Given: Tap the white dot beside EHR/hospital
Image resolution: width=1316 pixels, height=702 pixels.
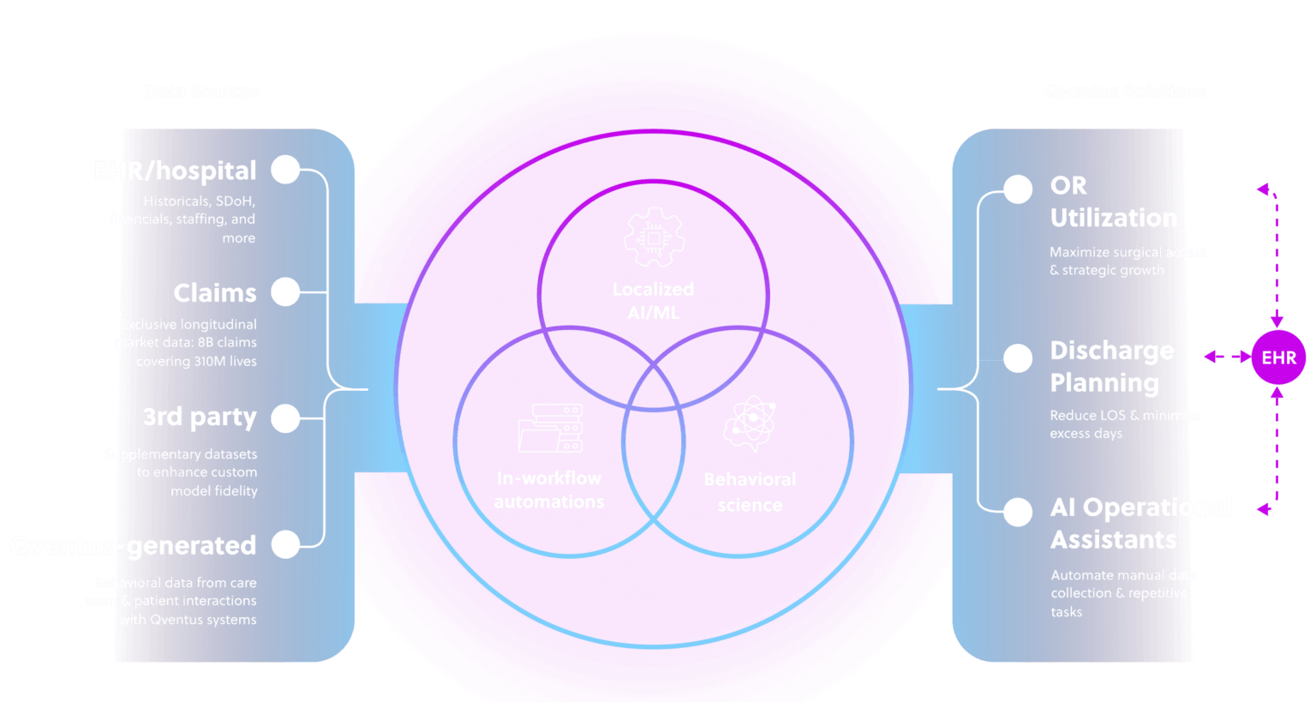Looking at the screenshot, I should coord(285,170).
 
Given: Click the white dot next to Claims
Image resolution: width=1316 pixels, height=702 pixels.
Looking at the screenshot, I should coord(285,291).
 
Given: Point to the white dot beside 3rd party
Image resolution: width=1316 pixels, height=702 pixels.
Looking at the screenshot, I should coord(285,418).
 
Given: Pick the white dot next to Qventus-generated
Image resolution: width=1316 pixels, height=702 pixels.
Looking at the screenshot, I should coord(285,544).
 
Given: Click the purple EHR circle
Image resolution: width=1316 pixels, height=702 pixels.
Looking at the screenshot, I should coord(1278,357).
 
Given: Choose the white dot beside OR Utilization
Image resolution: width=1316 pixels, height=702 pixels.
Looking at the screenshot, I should coord(1018,189).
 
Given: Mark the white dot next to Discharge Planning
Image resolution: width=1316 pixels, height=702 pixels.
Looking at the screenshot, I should coord(1018,358).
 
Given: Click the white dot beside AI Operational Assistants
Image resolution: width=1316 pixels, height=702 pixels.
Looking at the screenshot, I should coord(1018,512).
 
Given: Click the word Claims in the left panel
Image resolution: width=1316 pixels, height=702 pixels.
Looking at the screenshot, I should coord(215,293).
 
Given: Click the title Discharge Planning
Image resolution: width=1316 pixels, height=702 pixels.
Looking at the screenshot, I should coord(1112,367).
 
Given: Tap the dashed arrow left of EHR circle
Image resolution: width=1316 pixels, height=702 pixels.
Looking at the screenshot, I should coord(1227,357).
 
